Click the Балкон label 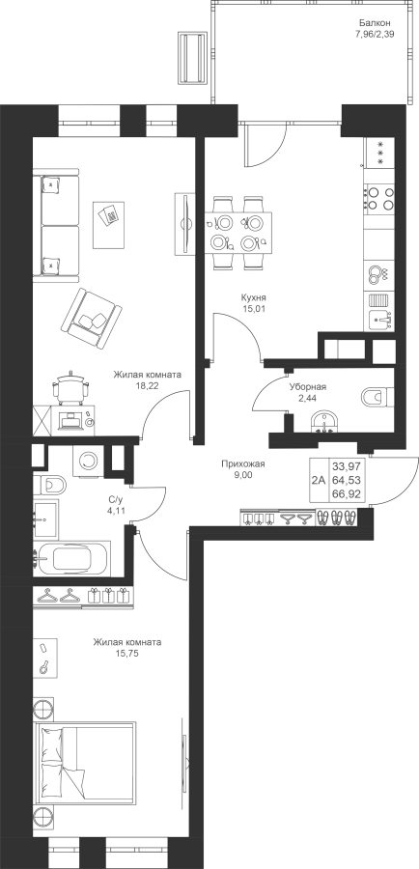(375, 23)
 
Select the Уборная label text (308, 387)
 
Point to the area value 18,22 (148, 386)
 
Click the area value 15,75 (126, 654)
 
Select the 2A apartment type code (319, 481)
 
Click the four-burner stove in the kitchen (379, 199)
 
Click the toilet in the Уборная (377, 396)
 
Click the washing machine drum (87, 460)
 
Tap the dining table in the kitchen (238, 233)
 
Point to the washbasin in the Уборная (323, 422)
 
